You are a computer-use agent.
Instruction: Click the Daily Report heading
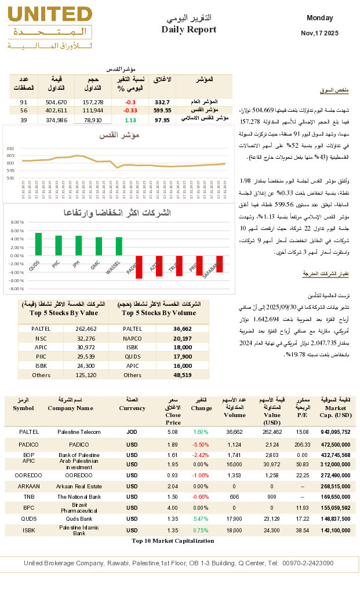(x=189, y=30)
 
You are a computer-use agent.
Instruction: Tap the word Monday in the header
(x=319, y=18)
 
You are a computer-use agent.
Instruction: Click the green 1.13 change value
(x=130, y=120)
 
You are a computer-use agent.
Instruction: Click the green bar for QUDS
(x=38, y=244)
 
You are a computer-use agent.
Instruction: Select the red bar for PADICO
(x=139, y=267)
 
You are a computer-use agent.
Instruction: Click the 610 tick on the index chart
(x=10, y=149)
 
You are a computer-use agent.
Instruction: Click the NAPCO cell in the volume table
(x=132, y=338)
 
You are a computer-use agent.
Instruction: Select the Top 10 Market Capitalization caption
(x=172, y=540)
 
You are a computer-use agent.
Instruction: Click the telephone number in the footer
(x=311, y=563)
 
